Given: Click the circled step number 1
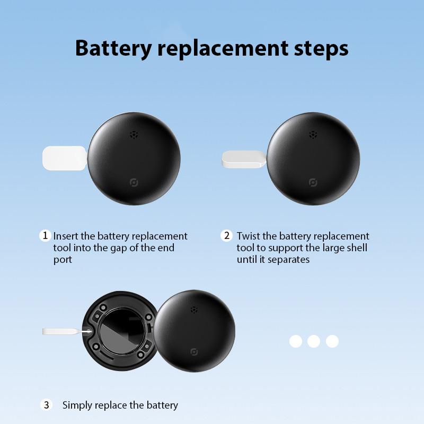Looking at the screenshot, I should pos(45,235).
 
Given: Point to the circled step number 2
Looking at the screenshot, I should pos(227,235).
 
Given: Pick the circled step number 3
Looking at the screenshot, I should pos(47,405).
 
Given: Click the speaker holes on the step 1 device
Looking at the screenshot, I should pos(135,135).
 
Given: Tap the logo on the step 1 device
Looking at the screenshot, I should pos(134,183).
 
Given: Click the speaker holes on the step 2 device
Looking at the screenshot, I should pos(313,135).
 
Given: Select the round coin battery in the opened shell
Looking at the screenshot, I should pos(122,332).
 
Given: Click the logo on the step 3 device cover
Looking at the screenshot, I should pos(195,352).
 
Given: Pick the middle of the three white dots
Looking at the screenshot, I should pos(314,341).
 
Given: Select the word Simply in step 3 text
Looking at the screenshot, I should pos(78,405).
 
